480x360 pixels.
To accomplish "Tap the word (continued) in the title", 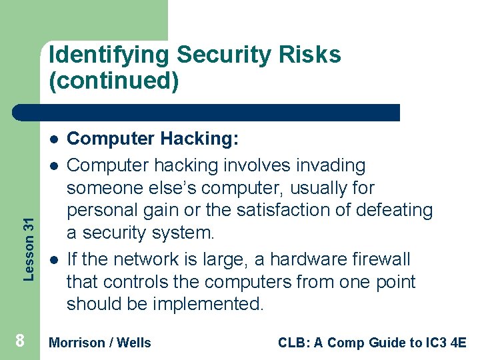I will (114, 81).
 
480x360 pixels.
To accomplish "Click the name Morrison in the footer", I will (77, 343).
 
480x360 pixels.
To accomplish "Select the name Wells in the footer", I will (134, 343).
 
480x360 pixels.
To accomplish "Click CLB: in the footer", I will (292, 343).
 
